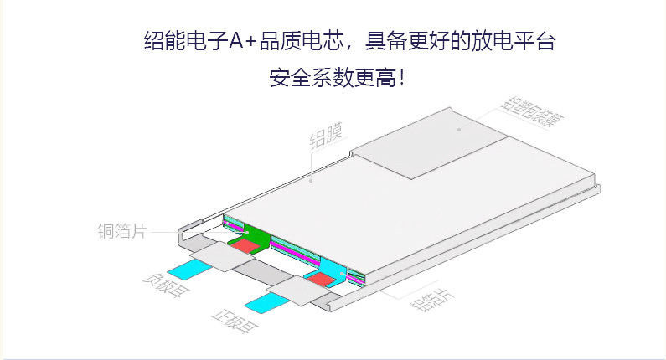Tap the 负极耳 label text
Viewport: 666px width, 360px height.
click(160, 289)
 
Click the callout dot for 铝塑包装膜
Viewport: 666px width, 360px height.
click(459, 129)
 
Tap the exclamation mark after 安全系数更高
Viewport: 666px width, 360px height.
click(402, 80)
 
